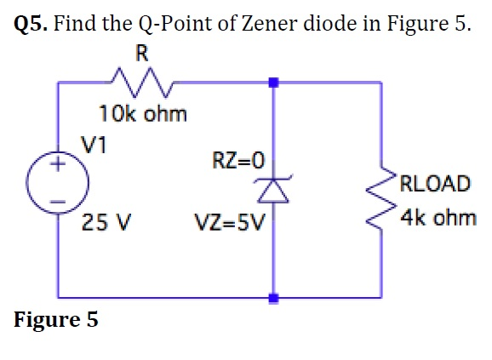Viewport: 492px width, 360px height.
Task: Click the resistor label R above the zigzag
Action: click(x=141, y=54)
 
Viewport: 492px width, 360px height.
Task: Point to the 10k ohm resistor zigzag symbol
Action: click(x=142, y=83)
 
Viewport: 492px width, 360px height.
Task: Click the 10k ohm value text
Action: click(x=142, y=113)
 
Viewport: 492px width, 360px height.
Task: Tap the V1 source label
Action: click(x=93, y=144)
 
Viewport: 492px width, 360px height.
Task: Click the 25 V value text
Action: click(x=106, y=225)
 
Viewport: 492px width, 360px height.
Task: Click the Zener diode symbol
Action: click(x=273, y=193)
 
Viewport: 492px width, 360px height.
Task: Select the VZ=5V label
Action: click(x=230, y=225)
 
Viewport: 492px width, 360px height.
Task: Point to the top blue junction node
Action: click(x=273, y=83)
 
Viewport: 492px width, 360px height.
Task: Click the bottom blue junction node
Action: click(x=273, y=298)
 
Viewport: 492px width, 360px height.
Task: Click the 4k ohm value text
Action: click(x=438, y=218)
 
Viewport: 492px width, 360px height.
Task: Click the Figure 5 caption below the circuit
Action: click(x=56, y=320)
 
